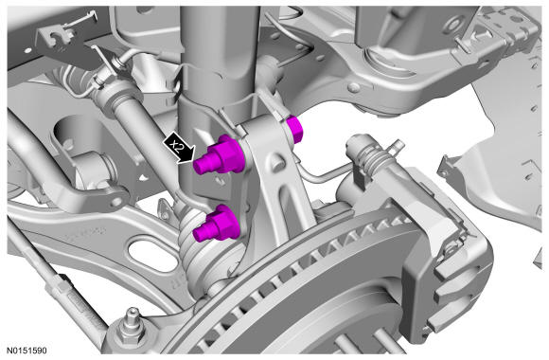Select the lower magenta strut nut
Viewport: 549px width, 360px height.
click(218, 225)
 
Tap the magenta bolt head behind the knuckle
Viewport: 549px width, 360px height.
click(294, 130)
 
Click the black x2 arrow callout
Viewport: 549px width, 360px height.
click(180, 148)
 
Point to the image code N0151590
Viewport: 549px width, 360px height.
click(27, 351)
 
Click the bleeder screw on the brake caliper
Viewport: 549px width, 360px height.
click(398, 145)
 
